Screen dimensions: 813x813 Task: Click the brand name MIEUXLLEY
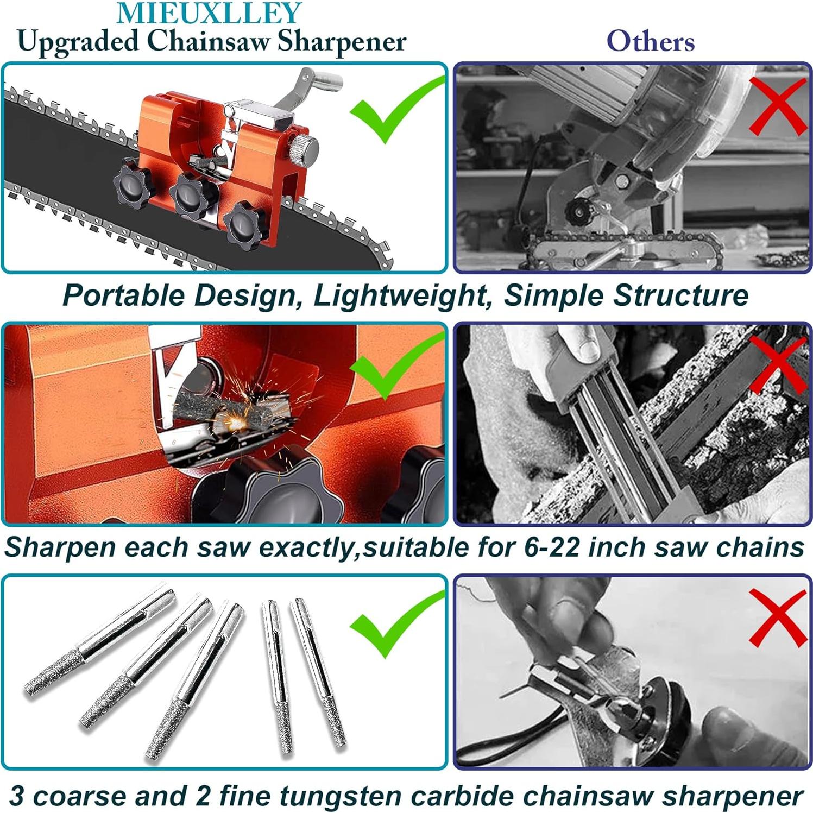pyautogui.click(x=209, y=13)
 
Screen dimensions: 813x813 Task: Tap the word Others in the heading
pyautogui.click(x=651, y=41)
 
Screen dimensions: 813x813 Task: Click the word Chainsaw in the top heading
pyautogui.click(x=208, y=41)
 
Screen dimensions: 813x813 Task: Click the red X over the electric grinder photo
pyautogui.click(x=777, y=106)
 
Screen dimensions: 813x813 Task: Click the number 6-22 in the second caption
pyautogui.click(x=552, y=547)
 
